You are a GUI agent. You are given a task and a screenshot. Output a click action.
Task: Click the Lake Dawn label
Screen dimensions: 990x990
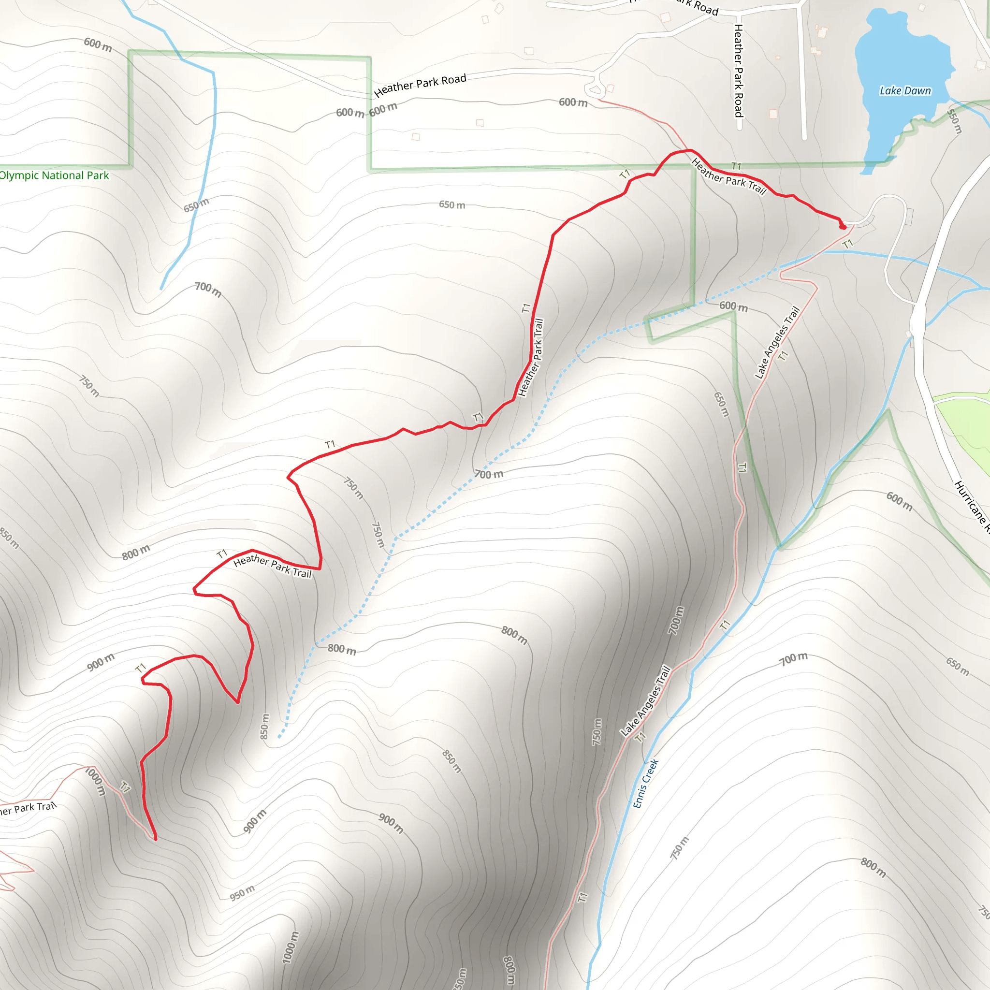pos(905,91)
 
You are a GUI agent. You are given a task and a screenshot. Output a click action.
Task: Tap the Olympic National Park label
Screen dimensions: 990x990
pos(54,175)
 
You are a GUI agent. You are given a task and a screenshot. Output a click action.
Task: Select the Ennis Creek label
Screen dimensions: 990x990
pos(645,784)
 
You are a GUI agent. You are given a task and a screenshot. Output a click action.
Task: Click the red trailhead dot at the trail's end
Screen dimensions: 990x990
pos(843,226)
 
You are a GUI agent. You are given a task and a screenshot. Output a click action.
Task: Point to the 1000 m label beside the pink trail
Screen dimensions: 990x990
pos(95,781)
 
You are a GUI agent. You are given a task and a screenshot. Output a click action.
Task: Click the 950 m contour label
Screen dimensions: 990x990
pos(242,893)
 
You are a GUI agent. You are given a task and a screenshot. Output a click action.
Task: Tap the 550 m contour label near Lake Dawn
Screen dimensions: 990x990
pos(954,121)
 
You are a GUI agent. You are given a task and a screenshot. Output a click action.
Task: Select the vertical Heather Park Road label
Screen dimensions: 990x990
pos(739,71)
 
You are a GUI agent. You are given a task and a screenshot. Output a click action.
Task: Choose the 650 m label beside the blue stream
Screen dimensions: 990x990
pos(196,205)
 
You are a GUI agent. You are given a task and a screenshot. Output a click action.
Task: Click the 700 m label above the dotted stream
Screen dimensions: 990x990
pos(488,474)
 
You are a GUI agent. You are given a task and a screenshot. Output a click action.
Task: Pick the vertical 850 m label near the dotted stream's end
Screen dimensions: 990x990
pos(264,726)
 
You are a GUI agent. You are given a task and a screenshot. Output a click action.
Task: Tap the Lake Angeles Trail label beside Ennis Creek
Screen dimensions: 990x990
pos(645,701)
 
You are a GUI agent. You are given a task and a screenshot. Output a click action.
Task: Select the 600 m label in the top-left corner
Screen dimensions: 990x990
pos(98,44)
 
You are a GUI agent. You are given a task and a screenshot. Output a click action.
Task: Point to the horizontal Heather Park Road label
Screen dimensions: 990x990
pos(420,85)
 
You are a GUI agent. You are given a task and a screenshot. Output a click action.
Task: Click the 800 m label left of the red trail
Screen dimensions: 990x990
pos(136,553)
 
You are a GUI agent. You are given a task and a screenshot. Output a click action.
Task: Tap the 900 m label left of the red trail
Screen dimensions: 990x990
pos(101,663)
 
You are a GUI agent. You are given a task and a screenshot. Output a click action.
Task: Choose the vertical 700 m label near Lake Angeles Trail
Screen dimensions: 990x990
pos(676,620)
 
